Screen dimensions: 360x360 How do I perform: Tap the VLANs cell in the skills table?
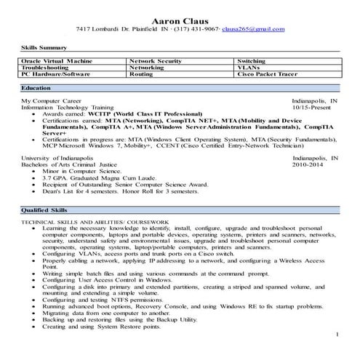pos(249,67)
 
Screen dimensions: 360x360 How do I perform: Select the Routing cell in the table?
pos(140,74)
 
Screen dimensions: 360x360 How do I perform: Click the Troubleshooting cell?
pos(48,67)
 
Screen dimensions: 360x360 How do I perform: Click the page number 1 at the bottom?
pos(337,335)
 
